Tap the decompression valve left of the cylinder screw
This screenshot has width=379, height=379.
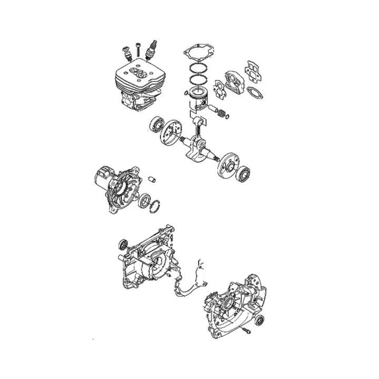click(x=126, y=52)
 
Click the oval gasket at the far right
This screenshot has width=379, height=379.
click(x=255, y=90)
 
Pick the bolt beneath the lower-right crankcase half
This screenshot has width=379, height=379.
click(x=247, y=332)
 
